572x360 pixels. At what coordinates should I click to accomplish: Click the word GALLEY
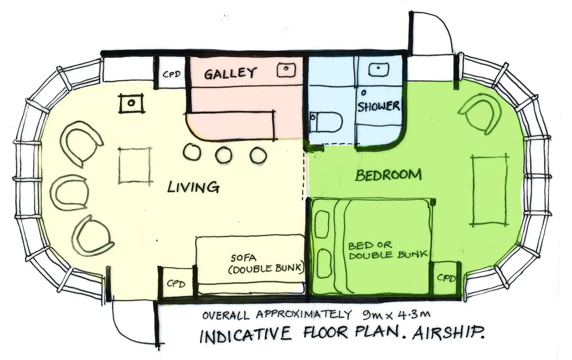point(230,73)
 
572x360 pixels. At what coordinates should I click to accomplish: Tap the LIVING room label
point(193,187)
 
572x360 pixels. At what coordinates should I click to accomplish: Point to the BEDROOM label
point(388,175)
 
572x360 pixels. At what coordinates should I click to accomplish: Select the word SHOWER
point(378,106)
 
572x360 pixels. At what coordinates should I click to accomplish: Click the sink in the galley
point(287,69)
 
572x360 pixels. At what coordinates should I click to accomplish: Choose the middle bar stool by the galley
point(224,155)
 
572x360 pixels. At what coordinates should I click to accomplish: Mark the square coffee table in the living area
point(134,165)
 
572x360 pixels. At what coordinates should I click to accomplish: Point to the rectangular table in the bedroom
point(490,190)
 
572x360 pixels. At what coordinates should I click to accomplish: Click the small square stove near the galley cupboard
point(132,103)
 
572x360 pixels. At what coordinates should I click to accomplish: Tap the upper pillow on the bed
point(321,221)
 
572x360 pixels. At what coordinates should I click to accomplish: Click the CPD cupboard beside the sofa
point(177,283)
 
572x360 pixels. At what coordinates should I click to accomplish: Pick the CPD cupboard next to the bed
point(445,278)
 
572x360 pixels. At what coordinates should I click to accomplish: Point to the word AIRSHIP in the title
point(448,333)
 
